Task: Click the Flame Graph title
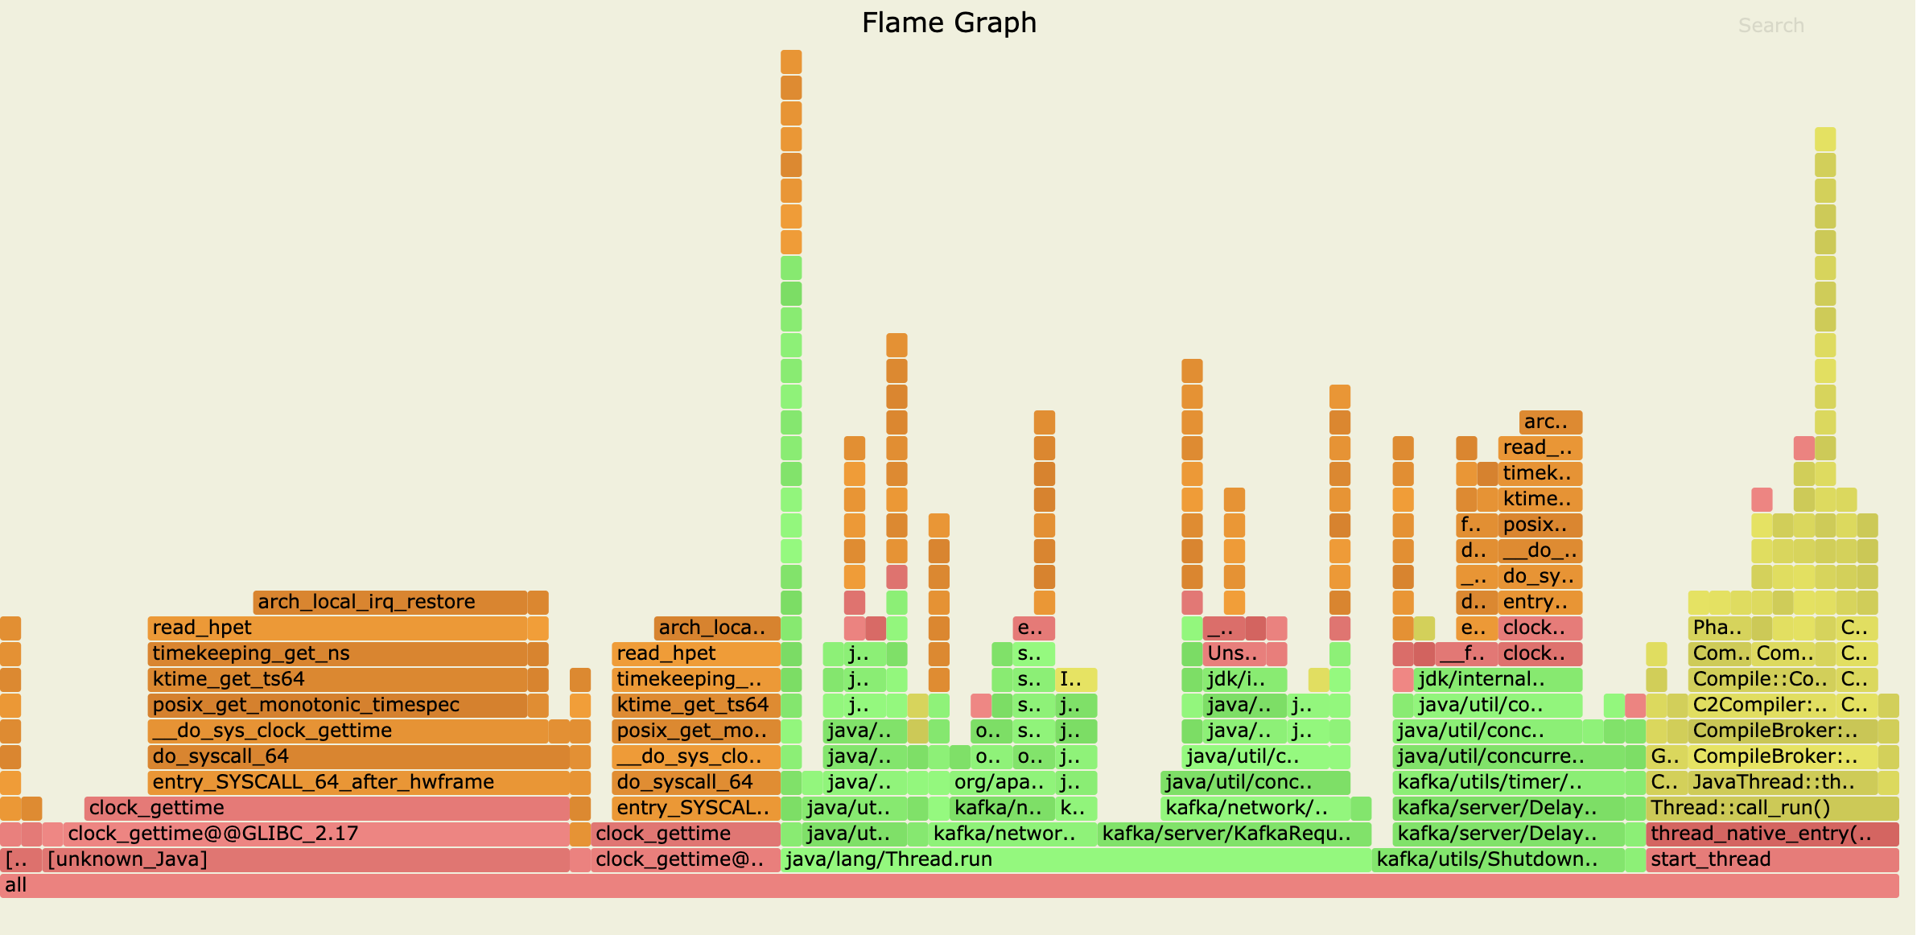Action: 949,23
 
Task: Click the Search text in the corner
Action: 1770,26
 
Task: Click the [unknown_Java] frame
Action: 306,859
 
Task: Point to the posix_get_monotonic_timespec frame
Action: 337,705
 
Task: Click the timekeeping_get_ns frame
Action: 337,653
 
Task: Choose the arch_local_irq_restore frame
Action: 390,602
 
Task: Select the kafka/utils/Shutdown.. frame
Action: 1497,859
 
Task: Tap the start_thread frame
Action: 1770,859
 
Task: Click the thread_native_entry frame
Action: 1770,834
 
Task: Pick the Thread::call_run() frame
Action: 1770,808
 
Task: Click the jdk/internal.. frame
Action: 1498,679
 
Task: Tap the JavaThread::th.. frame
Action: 1782,782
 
